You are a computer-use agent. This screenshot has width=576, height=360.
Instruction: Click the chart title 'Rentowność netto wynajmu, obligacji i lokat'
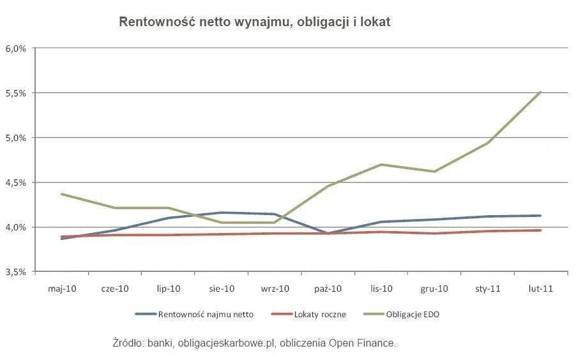pyautogui.click(x=254, y=22)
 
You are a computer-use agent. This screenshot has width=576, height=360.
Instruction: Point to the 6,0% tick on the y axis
pyautogui.click(x=15, y=49)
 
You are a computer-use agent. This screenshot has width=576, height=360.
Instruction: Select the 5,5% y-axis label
pyautogui.click(x=15, y=93)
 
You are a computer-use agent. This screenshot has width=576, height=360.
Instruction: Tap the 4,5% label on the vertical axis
pyautogui.click(x=15, y=183)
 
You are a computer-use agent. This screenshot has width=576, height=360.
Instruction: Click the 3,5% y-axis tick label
pyautogui.click(x=15, y=272)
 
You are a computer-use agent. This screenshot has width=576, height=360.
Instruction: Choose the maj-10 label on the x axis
pyautogui.click(x=62, y=289)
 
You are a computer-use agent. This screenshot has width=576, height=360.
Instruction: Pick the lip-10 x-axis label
pyautogui.click(x=168, y=289)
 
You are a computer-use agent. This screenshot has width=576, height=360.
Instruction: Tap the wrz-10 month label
pyautogui.click(x=275, y=289)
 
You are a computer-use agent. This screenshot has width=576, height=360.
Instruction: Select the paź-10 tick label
pyautogui.click(x=328, y=289)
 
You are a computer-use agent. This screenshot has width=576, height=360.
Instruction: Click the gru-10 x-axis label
pyautogui.click(x=434, y=289)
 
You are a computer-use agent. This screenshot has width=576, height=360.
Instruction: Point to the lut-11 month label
pyautogui.click(x=540, y=289)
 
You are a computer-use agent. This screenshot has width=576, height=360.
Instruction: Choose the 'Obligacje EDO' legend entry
pyautogui.click(x=410, y=314)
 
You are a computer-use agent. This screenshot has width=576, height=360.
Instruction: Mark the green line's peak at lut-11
pyautogui.click(x=540, y=92)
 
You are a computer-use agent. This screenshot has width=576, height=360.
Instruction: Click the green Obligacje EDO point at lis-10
pyautogui.click(x=381, y=165)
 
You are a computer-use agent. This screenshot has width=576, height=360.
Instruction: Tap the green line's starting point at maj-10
pyautogui.click(x=62, y=194)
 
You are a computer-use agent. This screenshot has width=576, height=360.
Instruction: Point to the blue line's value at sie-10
pyautogui.click(x=222, y=213)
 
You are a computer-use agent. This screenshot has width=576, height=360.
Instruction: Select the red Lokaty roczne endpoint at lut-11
pyautogui.click(x=540, y=230)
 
